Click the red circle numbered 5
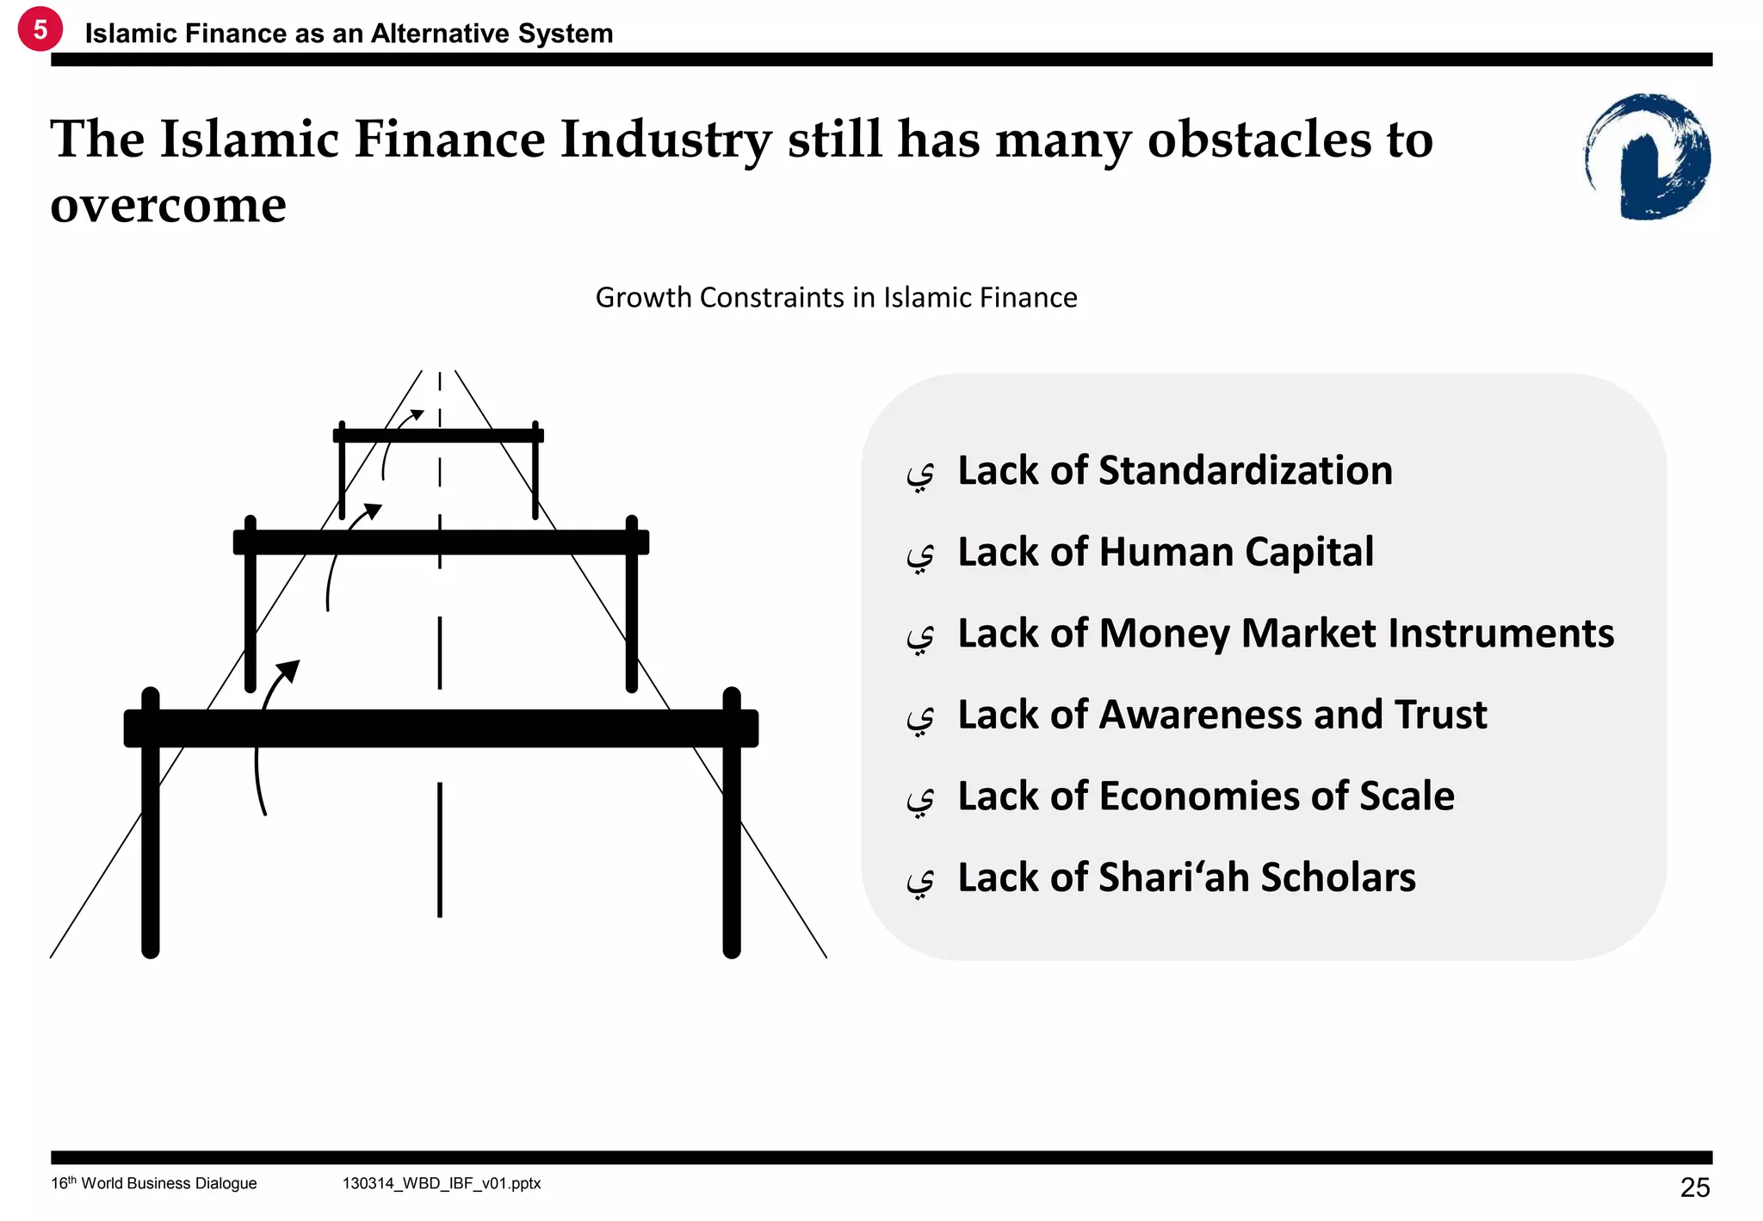click(40, 29)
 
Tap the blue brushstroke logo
click(1648, 157)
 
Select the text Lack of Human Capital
click(1165, 552)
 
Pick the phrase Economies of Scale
click(1277, 796)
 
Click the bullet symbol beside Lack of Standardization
click(920, 474)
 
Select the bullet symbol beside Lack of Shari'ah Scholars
click(920, 881)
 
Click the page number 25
click(1694, 1187)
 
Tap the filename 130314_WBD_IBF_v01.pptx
click(441, 1183)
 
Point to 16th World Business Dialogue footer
click(153, 1183)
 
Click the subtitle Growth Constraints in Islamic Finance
click(835, 297)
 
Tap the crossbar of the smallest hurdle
click(438, 436)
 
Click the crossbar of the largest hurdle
click(441, 728)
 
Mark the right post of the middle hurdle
click(632, 620)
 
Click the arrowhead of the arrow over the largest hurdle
click(289, 670)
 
